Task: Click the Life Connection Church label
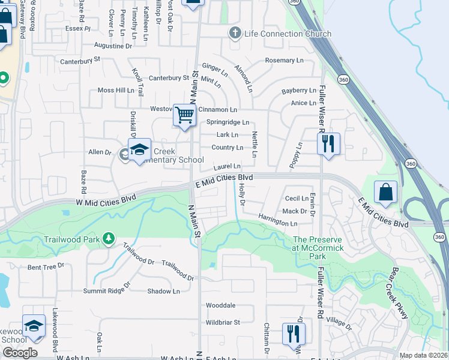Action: [288, 34]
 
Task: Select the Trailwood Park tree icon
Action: [108, 239]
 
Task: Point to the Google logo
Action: [19, 353]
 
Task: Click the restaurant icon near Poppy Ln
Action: [328, 143]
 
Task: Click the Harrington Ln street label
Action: [278, 220]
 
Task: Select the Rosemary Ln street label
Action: [284, 61]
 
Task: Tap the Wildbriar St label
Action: [223, 322]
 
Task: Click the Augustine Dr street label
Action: [113, 46]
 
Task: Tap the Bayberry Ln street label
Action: [298, 91]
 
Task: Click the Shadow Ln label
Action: [163, 292]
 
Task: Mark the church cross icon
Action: [236, 33]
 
